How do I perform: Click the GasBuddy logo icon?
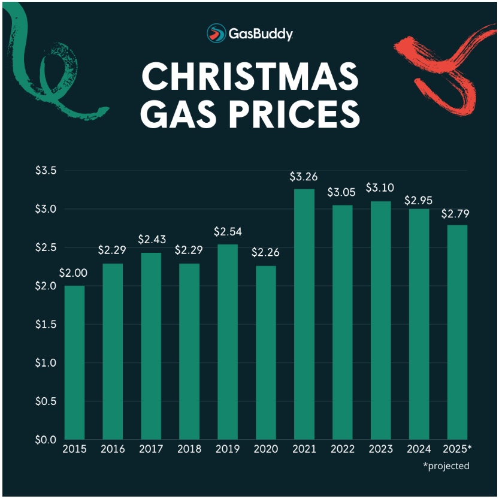pyautogui.click(x=216, y=33)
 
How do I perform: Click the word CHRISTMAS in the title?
pyautogui.click(x=250, y=77)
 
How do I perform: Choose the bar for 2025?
pyautogui.click(x=457, y=332)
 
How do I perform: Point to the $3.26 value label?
pyautogui.click(x=304, y=177)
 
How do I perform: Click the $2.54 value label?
pyautogui.click(x=227, y=232)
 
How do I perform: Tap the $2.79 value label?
pyautogui.click(x=457, y=213)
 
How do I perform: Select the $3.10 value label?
pyautogui.click(x=380, y=188)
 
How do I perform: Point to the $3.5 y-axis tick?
pyautogui.click(x=45, y=171)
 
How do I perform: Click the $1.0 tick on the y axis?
pyautogui.click(x=45, y=362)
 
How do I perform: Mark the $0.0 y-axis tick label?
pyautogui.click(x=45, y=440)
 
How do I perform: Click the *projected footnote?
pyautogui.click(x=446, y=465)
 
